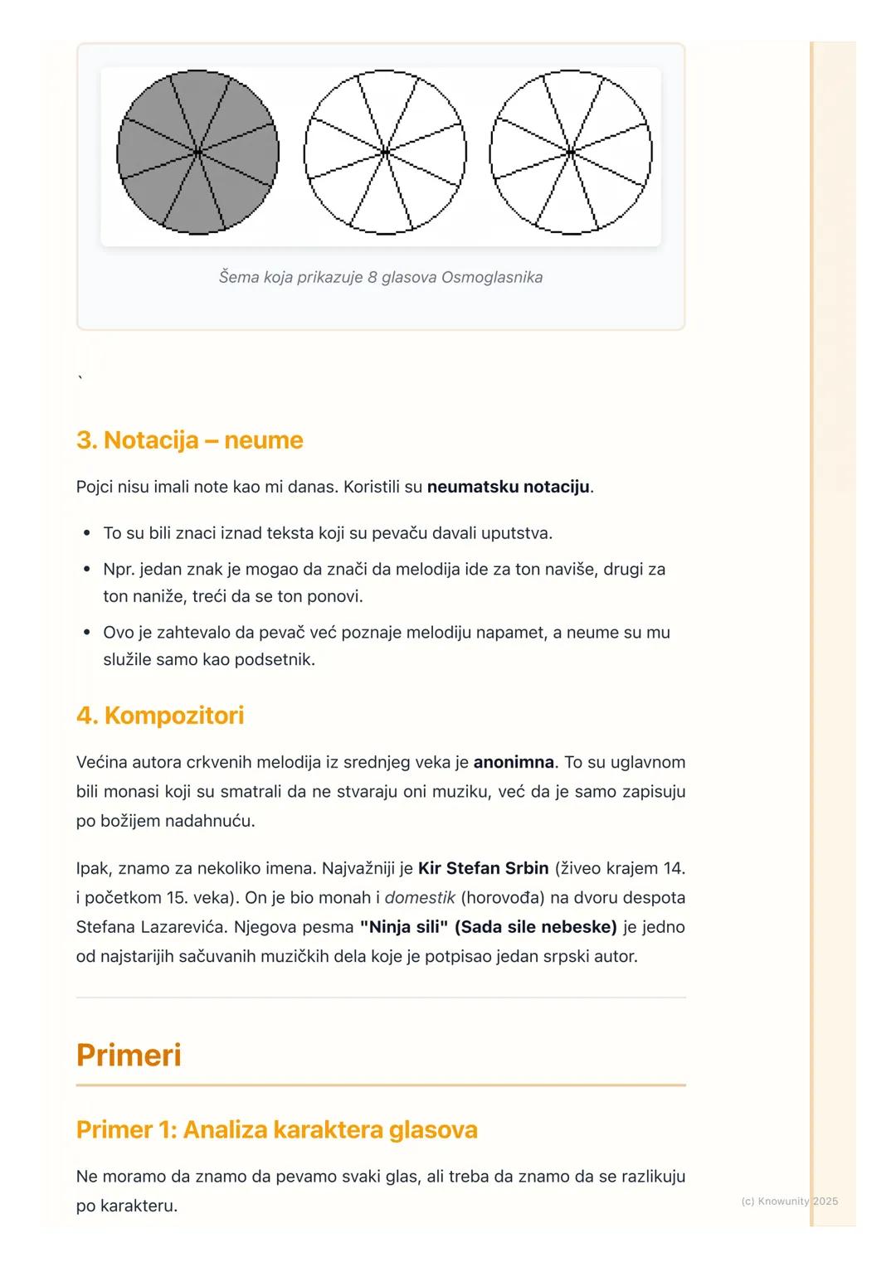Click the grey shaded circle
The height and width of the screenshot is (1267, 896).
[197, 153]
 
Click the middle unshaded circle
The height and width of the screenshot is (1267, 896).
[385, 153]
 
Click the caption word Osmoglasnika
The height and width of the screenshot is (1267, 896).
[492, 277]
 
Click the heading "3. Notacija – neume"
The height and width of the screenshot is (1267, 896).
[189, 439]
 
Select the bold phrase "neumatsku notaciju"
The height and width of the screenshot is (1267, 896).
[508, 487]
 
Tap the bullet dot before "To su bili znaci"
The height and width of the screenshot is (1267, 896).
[86, 533]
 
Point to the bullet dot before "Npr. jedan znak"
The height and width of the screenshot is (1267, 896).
[86, 570]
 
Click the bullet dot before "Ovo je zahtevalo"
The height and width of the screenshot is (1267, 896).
[86, 633]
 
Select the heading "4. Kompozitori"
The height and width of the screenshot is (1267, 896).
[160, 715]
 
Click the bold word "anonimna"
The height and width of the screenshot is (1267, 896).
[514, 761]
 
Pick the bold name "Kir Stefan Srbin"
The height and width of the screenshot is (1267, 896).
[483, 868]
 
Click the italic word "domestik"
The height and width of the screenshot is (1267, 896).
[419, 897]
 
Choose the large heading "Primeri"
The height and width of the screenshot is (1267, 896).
[129, 1055]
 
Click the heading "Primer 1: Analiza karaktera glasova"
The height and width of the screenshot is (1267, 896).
[276, 1129]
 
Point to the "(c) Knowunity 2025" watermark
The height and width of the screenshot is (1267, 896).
[789, 1201]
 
